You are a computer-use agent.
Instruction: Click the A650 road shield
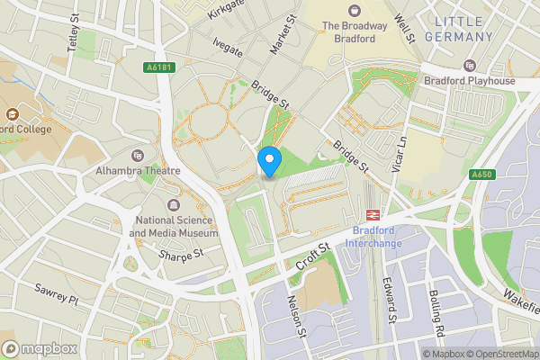[x=481, y=175]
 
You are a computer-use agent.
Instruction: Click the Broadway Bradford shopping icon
[x=355, y=10]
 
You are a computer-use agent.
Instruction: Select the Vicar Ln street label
[x=402, y=157]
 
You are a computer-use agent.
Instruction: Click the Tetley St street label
[x=73, y=36]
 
